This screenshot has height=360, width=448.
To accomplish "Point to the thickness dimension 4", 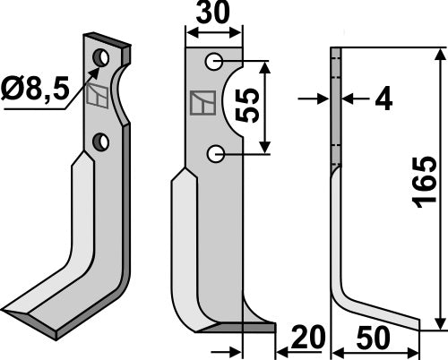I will [x=383, y=99].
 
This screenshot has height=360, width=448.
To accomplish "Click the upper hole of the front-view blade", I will [x=215, y=62].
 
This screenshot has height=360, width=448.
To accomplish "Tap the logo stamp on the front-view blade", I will [x=204, y=105].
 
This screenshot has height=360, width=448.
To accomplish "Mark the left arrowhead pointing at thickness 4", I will [x=326, y=99].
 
